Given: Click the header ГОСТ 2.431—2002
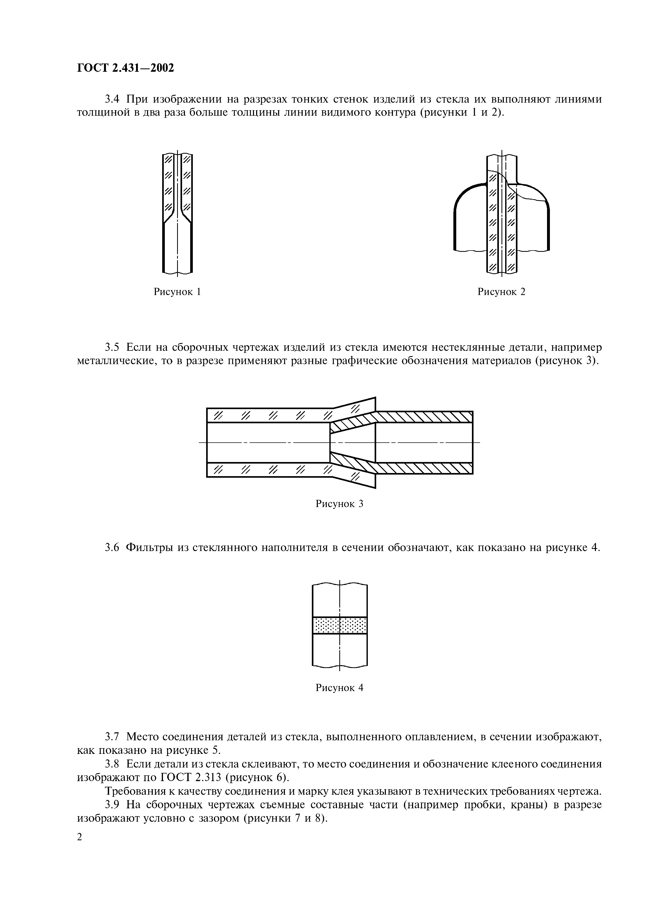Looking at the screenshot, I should (x=126, y=68).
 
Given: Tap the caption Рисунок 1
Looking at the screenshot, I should (x=177, y=292).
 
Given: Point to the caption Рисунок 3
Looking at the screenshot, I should (x=339, y=504).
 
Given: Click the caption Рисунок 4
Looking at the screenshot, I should (x=339, y=688).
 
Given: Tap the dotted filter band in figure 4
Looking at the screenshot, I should (x=339, y=625).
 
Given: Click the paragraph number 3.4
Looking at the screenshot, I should (x=112, y=99).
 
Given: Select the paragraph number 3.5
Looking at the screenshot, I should (x=112, y=347).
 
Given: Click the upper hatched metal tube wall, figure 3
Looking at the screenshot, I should (x=424, y=417).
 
